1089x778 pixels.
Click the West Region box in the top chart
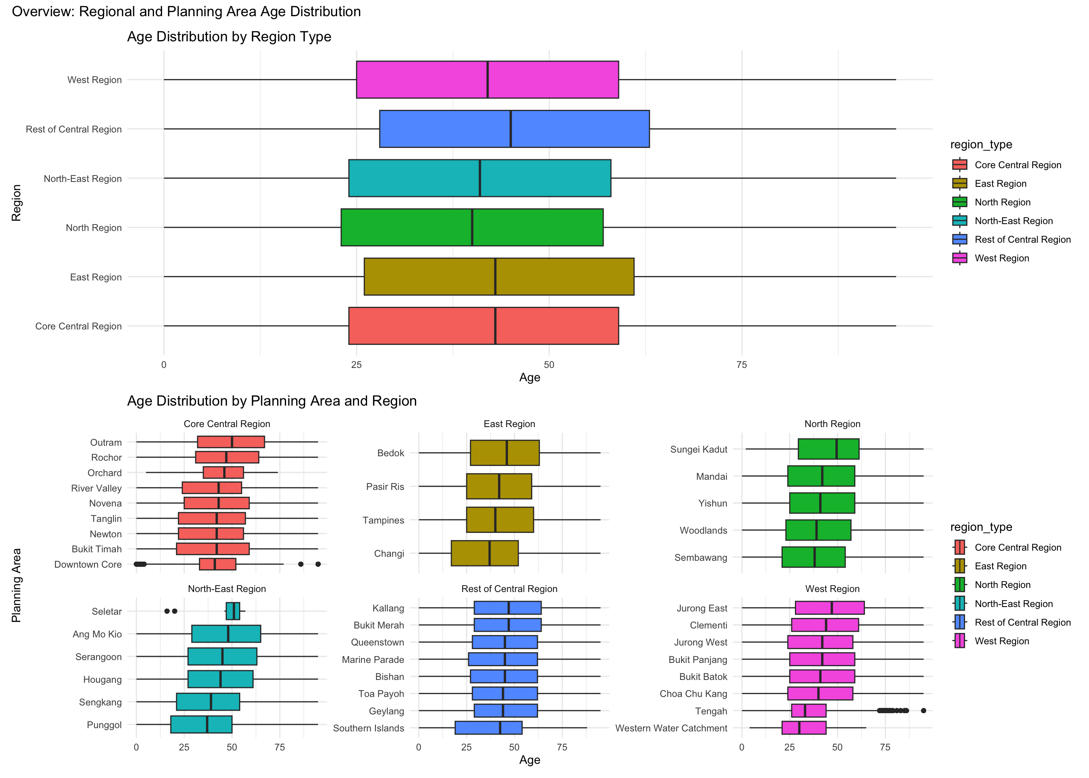(487, 79)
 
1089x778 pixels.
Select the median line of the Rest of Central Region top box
(510, 129)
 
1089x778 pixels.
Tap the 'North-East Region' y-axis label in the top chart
(82, 179)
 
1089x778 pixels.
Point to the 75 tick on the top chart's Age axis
(741, 365)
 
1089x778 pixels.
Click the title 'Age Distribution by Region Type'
(229, 37)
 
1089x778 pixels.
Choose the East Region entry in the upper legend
(1000, 184)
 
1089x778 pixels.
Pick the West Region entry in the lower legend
(1001, 641)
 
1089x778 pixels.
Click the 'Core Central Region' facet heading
(226, 424)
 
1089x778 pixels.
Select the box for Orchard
(223, 473)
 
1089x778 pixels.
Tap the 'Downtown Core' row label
(88, 564)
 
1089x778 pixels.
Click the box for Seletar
(233, 611)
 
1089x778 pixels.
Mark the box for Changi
(484, 554)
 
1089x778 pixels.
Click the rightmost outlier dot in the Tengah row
(923, 710)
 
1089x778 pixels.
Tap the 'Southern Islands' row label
(368, 728)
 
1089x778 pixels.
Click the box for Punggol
(201, 725)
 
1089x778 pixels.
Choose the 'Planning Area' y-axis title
(16, 585)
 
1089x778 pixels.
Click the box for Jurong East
(829, 608)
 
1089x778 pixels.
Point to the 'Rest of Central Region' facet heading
(509, 589)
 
